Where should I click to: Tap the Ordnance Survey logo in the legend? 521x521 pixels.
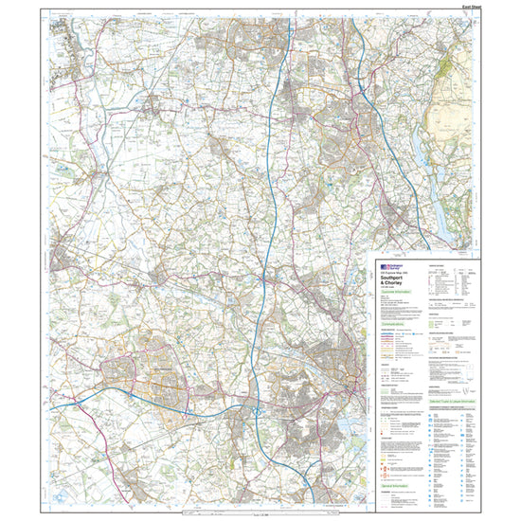click(x=387, y=268)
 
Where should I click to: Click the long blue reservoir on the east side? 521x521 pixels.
click(x=439, y=200)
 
